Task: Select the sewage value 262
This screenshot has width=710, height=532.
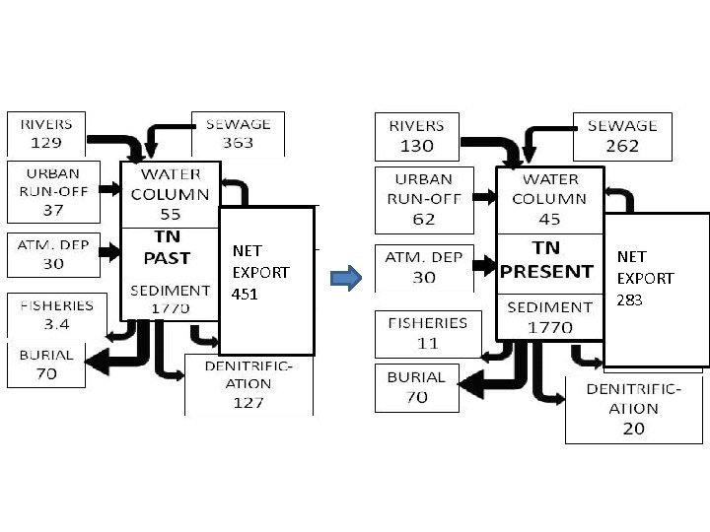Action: pyautogui.click(x=622, y=145)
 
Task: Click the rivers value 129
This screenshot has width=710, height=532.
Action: pyautogui.click(x=46, y=142)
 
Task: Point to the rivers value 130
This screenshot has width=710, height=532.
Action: pyautogui.click(x=417, y=145)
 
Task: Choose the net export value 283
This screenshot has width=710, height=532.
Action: pyautogui.click(x=630, y=300)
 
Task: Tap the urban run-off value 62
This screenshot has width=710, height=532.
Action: pyautogui.click(x=424, y=218)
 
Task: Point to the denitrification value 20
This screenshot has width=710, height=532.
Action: pyautogui.click(x=633, y=429)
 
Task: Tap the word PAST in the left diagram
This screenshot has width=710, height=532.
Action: pyautogui.click(x=168, y=258)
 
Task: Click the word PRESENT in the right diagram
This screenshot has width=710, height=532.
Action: pyautogui.click(x=548, y=271)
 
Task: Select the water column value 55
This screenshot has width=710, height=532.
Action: pyautogui.click(x=170, y=213)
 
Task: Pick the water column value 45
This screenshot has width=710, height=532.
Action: pyautogui.click(x=550, y=220)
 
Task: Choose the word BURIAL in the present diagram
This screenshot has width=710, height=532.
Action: pyautogui.click(x=416, y=377)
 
